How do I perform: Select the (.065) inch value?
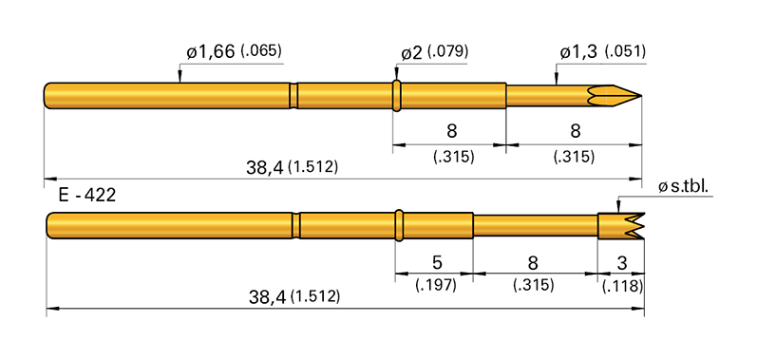click(264, 51)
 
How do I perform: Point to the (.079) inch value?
click(448, 51)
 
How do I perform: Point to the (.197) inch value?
click(435, 284)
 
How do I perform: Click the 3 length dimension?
click(622, 261)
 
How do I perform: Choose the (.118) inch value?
click(622, 284)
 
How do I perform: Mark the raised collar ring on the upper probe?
click(397, 95)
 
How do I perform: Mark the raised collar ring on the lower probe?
click(402, 226)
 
